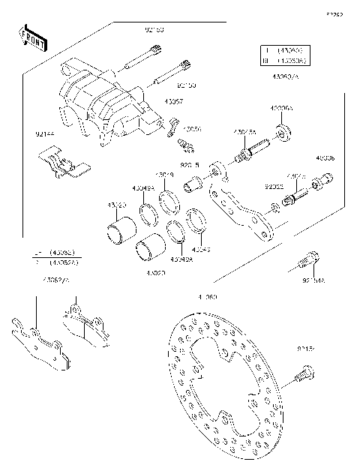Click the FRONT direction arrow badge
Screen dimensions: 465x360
tap(30, 37)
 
